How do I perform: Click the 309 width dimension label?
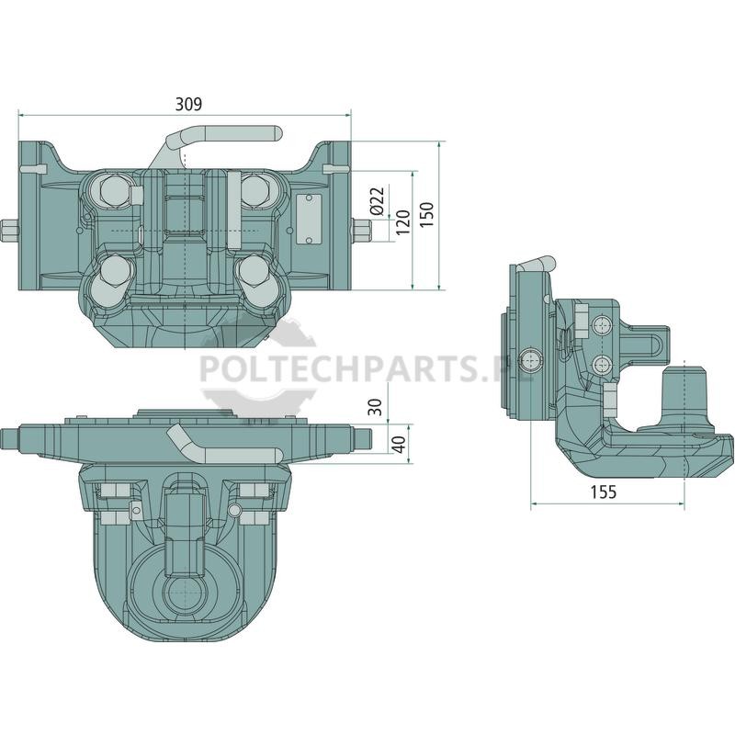point(188,104)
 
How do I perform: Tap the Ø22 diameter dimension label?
point(377,201)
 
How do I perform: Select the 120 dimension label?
point(402,221)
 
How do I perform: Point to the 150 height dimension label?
point(426,215)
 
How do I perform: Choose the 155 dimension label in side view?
point(604,492)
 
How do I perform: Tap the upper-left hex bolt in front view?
point(113,192)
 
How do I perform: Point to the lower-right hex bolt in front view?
point(254,272)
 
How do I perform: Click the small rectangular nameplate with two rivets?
point(309,220)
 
